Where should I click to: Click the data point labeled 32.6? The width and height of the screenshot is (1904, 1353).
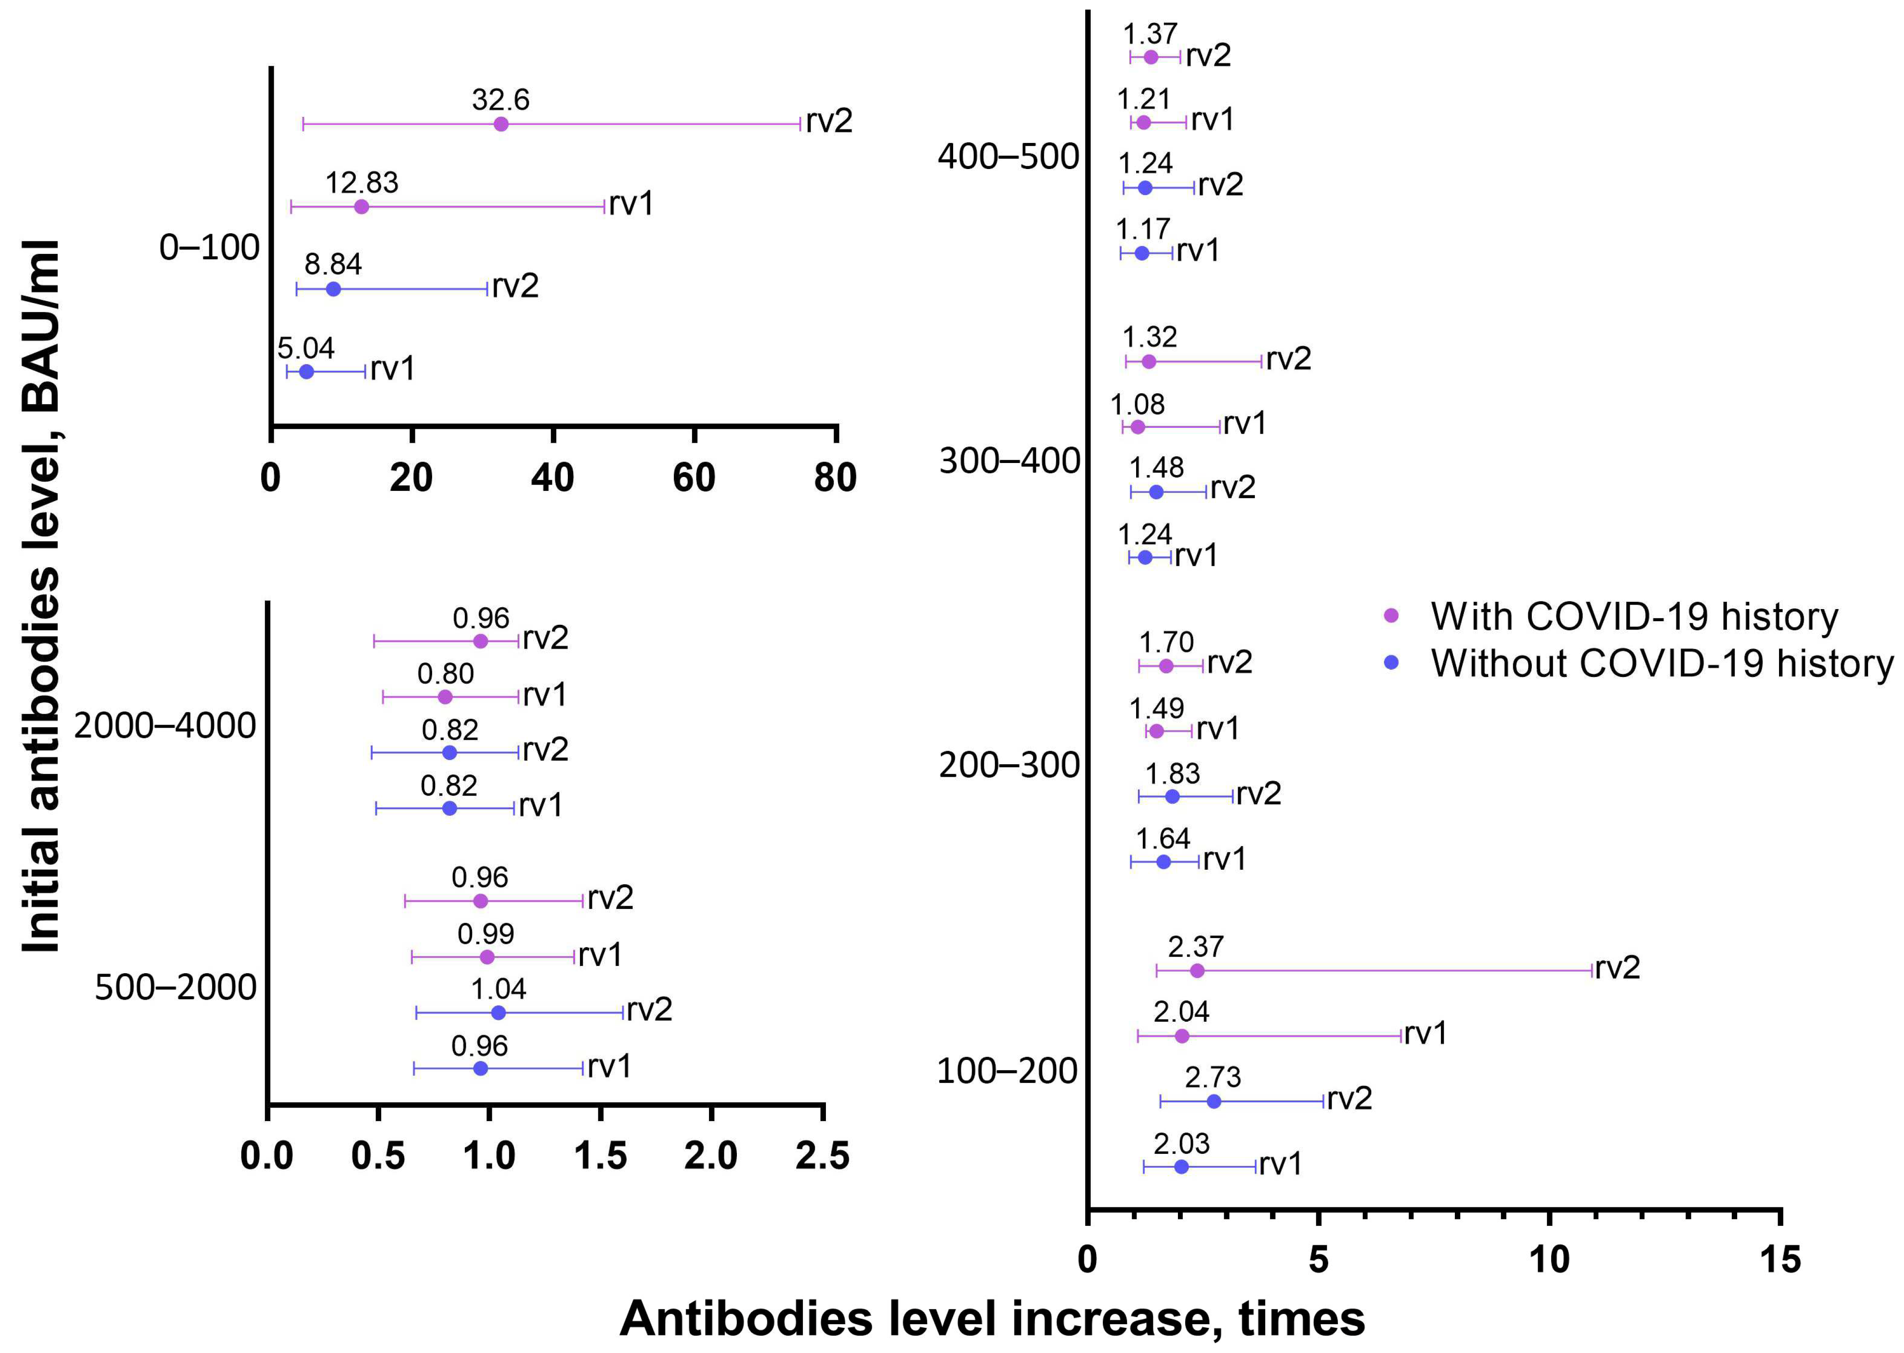pyautogui.click(x=501, y=124)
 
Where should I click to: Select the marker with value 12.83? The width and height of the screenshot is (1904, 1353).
pyautogui.click(x=361, y=207)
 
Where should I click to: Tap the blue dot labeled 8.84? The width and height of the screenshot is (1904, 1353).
pyautogui.click(x=333, y=289)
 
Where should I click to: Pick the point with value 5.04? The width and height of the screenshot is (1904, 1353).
pyautogui.click(x=306, y=372)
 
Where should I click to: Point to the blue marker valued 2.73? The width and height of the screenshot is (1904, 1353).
pyautogui.click(x=1214, y=1101)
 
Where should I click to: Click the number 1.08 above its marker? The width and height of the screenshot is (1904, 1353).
pyautogui.click(x=1137, y=405)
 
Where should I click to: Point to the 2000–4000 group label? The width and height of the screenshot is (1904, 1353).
pyautogui.click(x=165, y=725)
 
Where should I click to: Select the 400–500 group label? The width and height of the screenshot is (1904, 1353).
pyautogui.click(x=1008, y=156)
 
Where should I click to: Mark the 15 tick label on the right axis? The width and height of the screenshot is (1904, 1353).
pyautogui.click(x=1780, y=1260)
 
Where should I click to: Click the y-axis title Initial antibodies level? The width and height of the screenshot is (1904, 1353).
pyautogui.click(x=42, y=596)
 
